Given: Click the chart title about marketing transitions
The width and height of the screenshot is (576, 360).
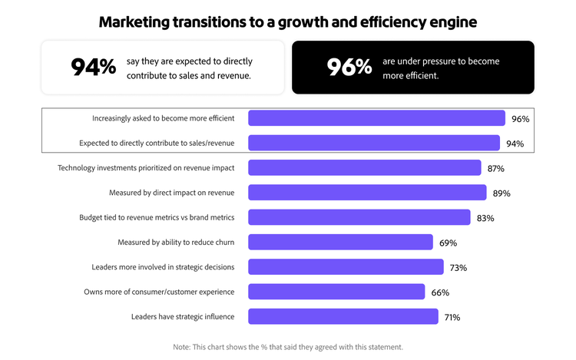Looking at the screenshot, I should point(288,21).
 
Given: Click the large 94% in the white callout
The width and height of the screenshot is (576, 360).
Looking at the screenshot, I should point(93,68).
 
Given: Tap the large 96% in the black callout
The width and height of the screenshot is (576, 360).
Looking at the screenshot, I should point(349,68).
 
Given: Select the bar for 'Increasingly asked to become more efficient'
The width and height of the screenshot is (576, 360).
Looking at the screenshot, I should point(376,118).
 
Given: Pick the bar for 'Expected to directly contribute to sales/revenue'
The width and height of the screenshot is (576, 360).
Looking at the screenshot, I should point(374,143).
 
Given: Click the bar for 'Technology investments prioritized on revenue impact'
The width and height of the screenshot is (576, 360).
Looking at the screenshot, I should point(365,168).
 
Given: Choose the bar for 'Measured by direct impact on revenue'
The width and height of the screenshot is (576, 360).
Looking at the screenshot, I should point(367,193).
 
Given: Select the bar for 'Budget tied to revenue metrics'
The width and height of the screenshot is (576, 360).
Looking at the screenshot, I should point(359,217).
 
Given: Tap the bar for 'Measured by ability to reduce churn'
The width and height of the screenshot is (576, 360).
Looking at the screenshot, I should point(340,243).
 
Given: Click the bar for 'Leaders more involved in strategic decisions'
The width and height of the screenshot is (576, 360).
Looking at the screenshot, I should point(346,267).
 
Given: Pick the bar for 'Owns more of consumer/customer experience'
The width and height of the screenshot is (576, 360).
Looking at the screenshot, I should point(336,292).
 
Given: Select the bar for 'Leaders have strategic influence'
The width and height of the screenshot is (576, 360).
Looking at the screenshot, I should point(343,316).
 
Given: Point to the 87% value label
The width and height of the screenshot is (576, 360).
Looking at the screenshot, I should point(495,168).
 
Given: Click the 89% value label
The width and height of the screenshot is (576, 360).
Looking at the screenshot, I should point(501,193).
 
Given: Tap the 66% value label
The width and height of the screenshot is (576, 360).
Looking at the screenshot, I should point(440,292).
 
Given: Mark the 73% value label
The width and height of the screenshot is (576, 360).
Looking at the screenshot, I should point(458,268).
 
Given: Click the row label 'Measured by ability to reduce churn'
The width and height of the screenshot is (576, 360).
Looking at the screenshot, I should point(176,243).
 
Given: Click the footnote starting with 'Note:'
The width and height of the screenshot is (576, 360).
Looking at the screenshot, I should point(288,347).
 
